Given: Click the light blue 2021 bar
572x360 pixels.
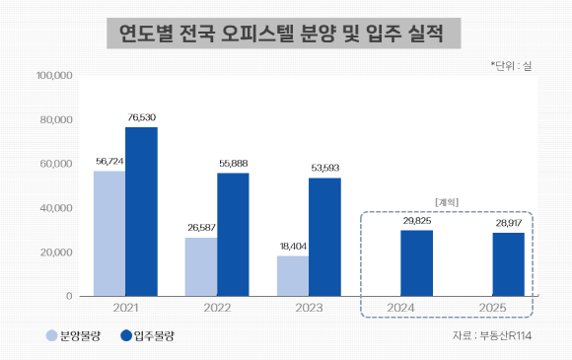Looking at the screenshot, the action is [109, 234].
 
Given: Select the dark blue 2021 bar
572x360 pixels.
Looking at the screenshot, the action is [142, 211].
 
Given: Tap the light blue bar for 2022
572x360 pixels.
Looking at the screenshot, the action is [201, 267].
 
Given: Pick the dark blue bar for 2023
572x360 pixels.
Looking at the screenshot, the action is [325, 237].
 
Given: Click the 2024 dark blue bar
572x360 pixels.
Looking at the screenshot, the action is [417, 263].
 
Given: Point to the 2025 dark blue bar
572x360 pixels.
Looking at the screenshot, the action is [509, 264].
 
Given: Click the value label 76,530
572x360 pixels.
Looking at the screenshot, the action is [142, 117].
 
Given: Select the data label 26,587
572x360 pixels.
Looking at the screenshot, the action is [202, 228].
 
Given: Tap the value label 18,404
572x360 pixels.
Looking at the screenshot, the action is [293, 247].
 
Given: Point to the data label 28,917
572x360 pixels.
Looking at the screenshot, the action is [509, 223].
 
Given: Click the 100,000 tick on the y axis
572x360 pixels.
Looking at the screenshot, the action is [54, 76].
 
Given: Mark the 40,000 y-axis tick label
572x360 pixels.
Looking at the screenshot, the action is [56, 208].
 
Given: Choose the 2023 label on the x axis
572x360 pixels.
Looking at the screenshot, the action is [309, 308].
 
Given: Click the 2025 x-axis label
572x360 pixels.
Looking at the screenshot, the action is [492, 308].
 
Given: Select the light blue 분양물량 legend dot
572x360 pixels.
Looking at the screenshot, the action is [52, 335].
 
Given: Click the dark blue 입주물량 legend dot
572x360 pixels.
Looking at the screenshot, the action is [126, 335].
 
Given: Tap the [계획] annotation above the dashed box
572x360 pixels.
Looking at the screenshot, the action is [447, 202].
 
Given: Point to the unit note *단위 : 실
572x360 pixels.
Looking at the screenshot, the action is [511, 66].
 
